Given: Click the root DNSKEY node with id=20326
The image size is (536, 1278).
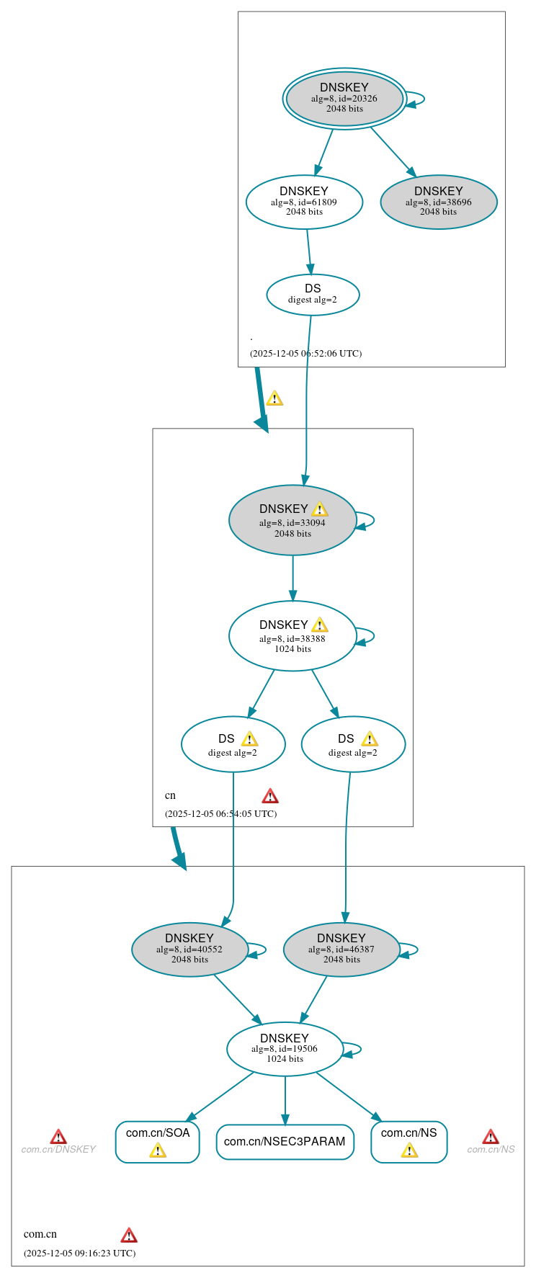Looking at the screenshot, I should point(344,99).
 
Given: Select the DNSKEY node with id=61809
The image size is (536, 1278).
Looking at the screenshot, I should point(304,202).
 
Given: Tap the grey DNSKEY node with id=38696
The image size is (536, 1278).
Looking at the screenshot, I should point(438,202).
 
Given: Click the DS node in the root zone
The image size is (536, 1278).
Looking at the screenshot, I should point(313,295).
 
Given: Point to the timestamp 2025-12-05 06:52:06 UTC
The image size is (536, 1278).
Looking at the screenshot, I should point(305,354).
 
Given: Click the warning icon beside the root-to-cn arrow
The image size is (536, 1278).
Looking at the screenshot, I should point(274,398).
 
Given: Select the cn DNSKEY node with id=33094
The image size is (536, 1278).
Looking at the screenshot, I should point(292,520).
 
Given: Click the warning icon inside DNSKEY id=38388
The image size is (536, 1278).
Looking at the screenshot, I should point(320,625).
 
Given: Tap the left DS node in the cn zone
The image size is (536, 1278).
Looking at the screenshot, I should point(233,744).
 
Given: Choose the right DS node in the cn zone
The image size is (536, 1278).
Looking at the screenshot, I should point(353,744).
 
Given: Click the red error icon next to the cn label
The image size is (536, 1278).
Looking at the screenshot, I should point(270,796).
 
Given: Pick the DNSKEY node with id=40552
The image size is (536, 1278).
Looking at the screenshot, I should point(189,949).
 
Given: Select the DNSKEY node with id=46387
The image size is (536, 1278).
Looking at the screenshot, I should point(341,949).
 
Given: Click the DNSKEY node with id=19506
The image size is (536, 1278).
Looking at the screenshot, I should point(285,1049).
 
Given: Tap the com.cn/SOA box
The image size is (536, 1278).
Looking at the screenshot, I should point(157,1141).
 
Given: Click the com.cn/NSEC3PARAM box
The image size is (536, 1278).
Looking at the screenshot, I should point(285,1142).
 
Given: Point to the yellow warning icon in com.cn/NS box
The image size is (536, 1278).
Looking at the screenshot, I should point(409,1150).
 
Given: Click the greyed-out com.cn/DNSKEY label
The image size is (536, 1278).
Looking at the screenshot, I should point(58,1150).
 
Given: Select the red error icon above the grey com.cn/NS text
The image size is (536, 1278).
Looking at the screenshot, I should point(491,1137).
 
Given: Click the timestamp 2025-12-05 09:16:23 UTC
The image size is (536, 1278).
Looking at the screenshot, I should point(79,1253).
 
